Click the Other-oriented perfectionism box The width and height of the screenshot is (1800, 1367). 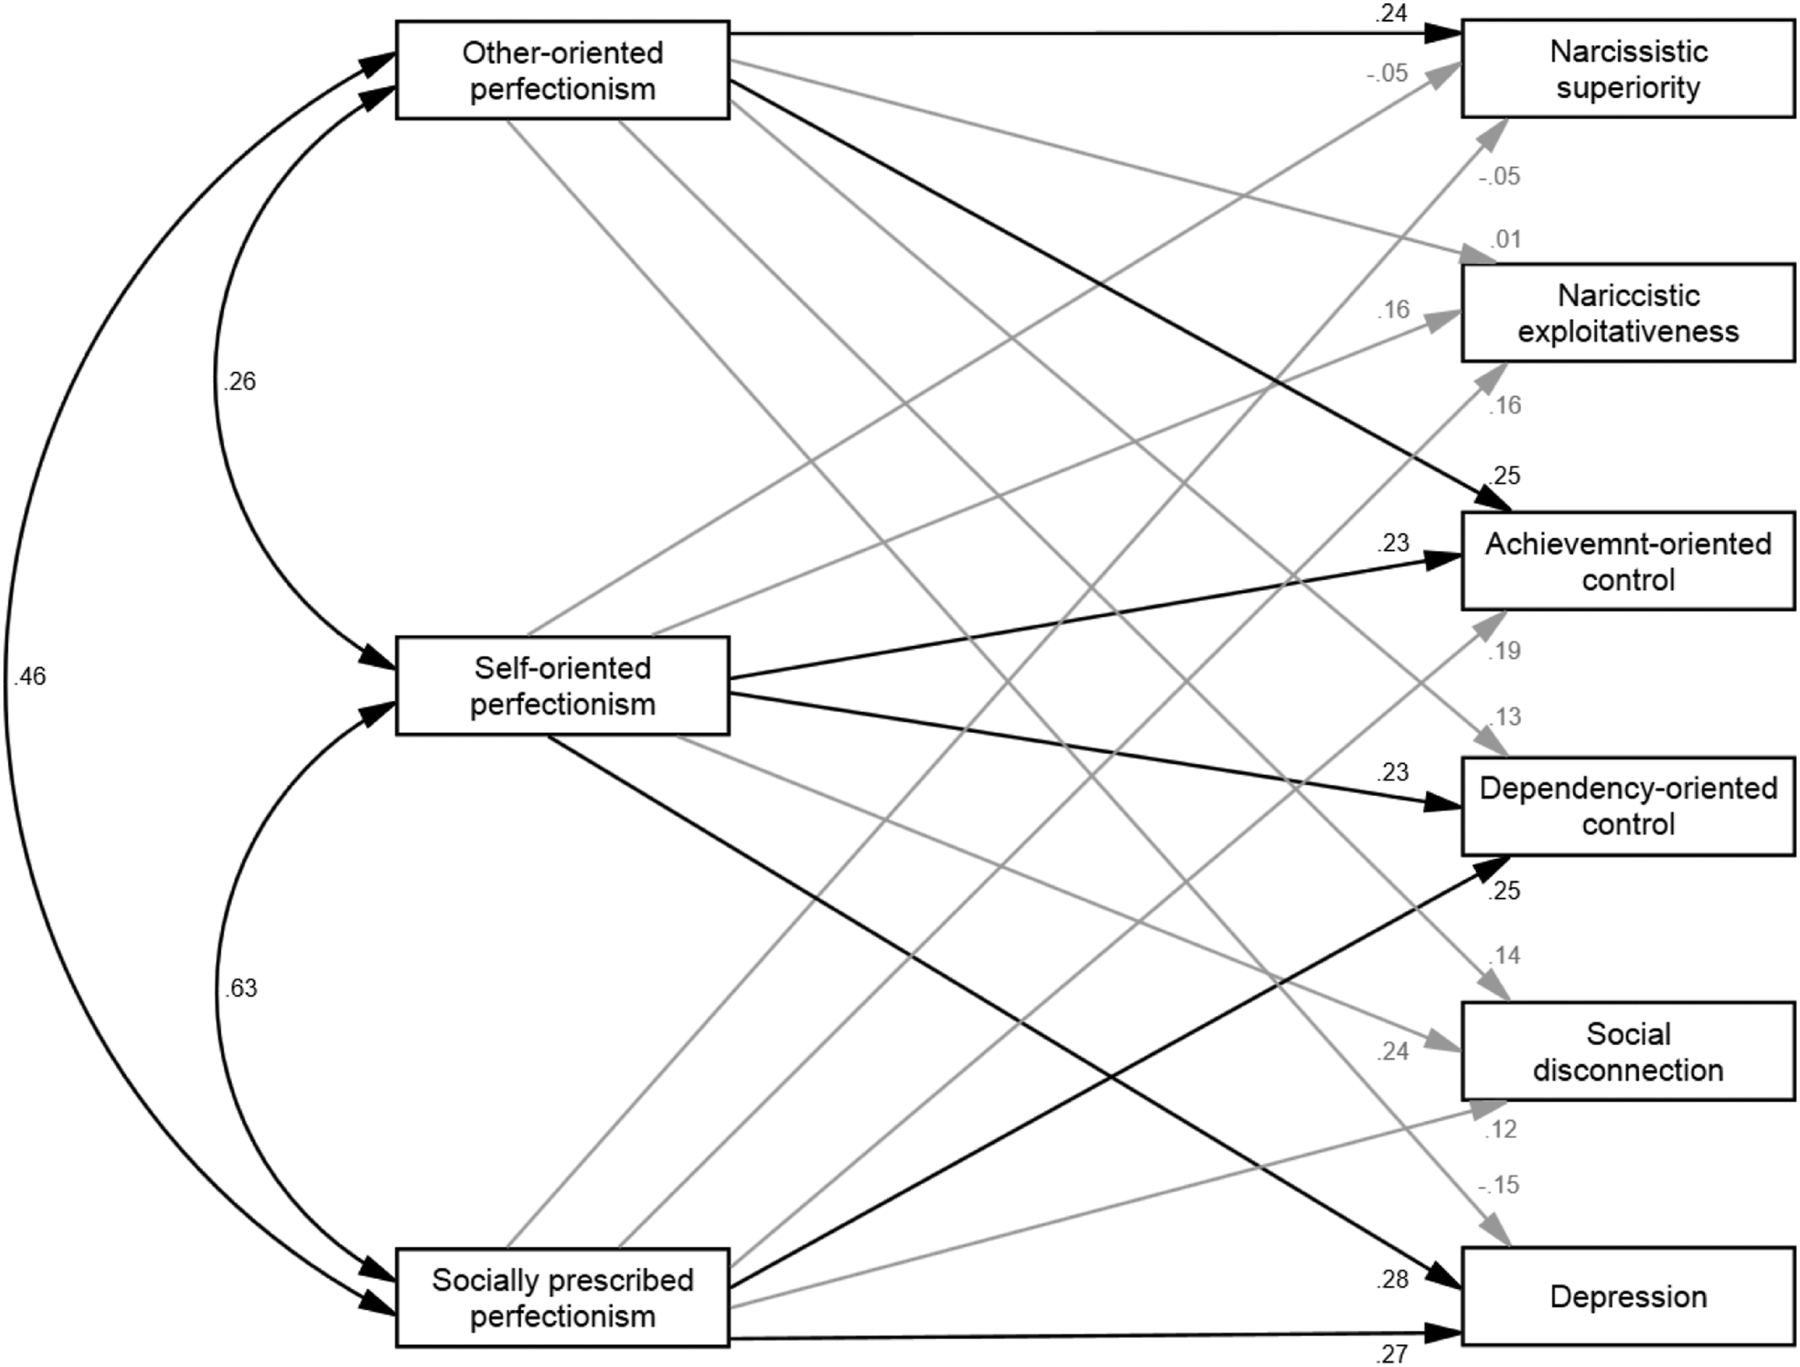(562, 71)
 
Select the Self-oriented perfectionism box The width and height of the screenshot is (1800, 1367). (562, 686)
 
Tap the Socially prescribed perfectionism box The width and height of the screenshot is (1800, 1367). (562, 1298)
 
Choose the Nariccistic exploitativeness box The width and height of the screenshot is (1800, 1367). (1628, 312)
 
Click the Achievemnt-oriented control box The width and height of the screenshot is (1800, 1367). (1628, 561)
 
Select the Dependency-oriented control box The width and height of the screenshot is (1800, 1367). (1628, 806)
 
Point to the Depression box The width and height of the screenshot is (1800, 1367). (1628, 1296)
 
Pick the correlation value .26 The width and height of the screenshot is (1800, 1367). (239, 381)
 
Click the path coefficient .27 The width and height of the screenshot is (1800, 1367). (1392, 1354)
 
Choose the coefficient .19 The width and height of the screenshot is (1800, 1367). (1504, 651)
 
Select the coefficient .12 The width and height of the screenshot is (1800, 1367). (1502, 1129)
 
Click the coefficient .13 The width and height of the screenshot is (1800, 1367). (1504, 717)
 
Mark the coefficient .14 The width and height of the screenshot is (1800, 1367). (1504, 955)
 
